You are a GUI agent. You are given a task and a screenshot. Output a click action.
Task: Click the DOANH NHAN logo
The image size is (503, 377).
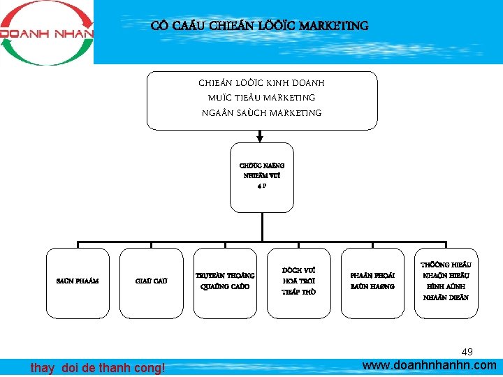[x=46, y=32]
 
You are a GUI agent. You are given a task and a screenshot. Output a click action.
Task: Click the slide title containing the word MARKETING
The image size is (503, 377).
[x=260, y=27]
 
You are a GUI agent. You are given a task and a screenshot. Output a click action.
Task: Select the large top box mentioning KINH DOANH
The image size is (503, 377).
[x=262, y=100]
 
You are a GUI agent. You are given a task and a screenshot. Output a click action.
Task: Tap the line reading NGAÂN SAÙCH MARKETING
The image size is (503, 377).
[x=262, y=112]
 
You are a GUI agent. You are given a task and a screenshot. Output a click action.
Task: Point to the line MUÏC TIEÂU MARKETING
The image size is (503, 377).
[x=262, y=98]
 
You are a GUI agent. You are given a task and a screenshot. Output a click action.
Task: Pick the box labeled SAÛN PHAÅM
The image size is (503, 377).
[x=77, y=281]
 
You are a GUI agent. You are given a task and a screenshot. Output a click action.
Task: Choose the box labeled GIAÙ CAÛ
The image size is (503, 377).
[x=150, y=281]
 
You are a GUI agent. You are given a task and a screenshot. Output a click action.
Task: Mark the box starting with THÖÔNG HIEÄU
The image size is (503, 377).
[x=446, y=281]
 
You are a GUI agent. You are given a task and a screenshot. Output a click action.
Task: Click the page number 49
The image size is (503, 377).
[x=467, y=350]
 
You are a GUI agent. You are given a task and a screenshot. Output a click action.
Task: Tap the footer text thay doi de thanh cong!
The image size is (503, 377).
[x=98, y=367]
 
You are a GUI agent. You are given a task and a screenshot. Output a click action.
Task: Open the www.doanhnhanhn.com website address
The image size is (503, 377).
[x=430, y=365]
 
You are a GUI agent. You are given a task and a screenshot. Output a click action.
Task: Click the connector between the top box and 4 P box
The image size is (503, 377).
[x=262, y=137]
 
